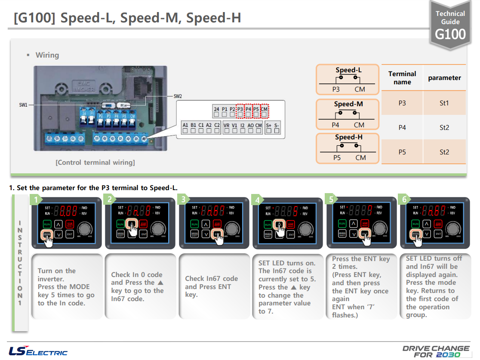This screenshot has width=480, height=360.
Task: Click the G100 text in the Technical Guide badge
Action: coord(450,34)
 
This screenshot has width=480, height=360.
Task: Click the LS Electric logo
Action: coord(38,351)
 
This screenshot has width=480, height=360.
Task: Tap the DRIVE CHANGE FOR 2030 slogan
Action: coord(436,351)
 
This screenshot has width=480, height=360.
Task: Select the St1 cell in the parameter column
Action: coord(444,103)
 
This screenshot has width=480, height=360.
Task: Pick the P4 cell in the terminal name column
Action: coord(402,127)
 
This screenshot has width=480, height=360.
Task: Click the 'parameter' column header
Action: coord(444,78)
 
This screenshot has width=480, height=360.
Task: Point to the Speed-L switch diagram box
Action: coord(348,80)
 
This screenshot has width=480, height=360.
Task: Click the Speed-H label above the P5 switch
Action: coord(348,137)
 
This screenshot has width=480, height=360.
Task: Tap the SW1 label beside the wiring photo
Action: coord(23,105)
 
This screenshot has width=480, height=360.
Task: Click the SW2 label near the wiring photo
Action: coord(178,96)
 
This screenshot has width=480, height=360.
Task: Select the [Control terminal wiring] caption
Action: coord(95,163)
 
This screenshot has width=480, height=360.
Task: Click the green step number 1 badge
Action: coord(37,200)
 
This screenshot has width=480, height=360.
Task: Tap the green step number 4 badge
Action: coord(257,200)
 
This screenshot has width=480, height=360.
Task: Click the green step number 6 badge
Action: coord(404,200)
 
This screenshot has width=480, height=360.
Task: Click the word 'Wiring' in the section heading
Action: coord(47,55)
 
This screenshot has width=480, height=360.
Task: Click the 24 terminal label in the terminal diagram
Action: coord(216,109)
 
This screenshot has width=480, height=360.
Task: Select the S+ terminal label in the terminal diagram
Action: coord(269,125)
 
